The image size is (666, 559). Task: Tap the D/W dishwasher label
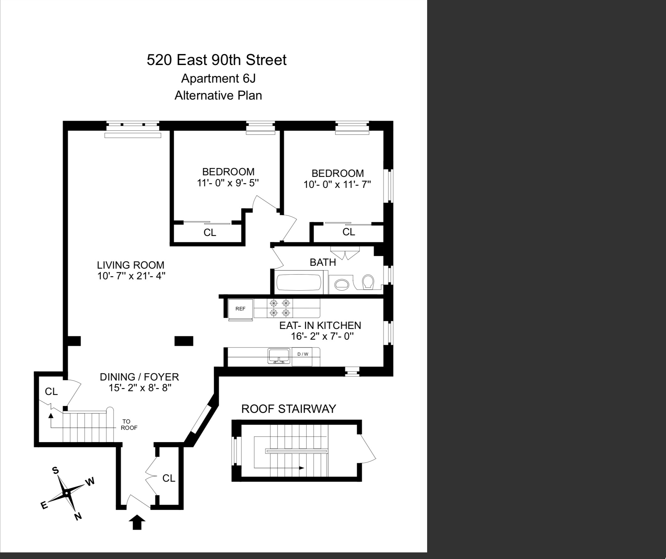(303, 354)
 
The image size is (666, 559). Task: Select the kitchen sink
(279, 356)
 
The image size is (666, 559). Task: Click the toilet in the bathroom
(368, 282)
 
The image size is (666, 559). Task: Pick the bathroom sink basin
(342, 284)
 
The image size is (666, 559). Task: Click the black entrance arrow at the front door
(137, 522)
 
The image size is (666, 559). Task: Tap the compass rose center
(66, 493)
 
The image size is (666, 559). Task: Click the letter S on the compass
(56, 470)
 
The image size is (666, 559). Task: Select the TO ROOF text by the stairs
(129, 425)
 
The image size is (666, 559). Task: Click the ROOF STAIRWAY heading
(289, 409)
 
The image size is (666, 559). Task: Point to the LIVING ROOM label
(131, 265)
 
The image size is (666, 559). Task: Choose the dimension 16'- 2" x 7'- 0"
(322, 336)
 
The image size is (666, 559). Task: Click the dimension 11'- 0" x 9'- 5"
(228, 183)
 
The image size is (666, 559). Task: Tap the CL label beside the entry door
(169, 478)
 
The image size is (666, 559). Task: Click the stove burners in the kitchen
(280, 308)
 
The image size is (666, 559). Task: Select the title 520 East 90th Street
(217, 60)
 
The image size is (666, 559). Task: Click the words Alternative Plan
(218, 96)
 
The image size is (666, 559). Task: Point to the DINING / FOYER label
(139, 377)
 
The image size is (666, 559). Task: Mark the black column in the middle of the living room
(184, 341)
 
